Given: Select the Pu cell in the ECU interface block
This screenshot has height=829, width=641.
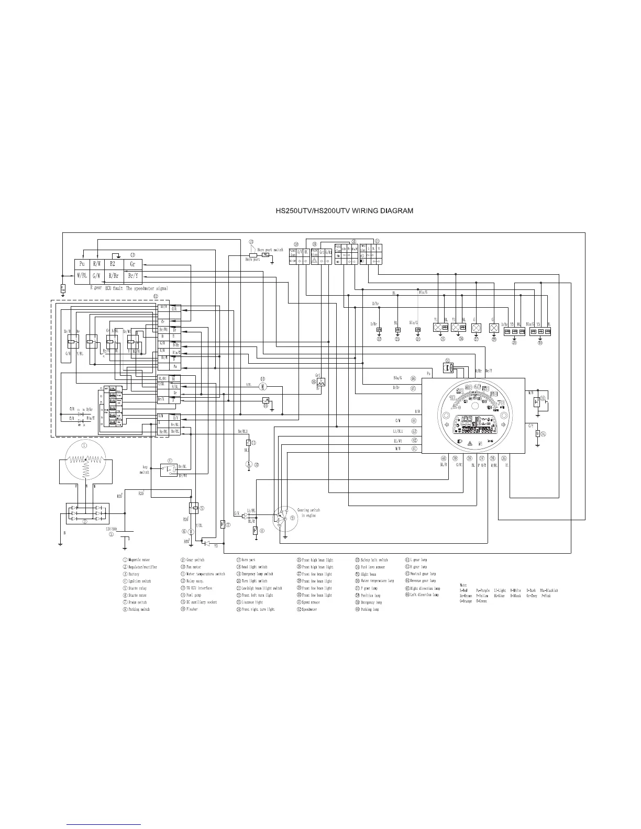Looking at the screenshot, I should [x=82, y=264].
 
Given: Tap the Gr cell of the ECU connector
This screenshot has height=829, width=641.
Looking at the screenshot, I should [x=132, y=264].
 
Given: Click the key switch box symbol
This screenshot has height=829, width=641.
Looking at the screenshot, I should [x=169, y=469].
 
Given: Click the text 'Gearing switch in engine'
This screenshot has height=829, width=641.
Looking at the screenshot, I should [x=308, y=512].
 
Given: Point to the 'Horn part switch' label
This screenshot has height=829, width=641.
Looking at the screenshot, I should [x=270, y=250].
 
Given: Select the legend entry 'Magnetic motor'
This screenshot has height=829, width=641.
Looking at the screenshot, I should [x=139, y=560].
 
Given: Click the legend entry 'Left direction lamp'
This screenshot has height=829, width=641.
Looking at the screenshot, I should [x=424, y=595].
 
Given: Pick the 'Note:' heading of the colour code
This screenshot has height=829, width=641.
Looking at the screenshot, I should [x=463, y=585].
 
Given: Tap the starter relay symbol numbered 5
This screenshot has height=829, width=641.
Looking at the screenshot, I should [x=194, y=507].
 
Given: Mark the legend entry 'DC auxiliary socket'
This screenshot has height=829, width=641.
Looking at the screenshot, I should [x=201, y=602].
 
